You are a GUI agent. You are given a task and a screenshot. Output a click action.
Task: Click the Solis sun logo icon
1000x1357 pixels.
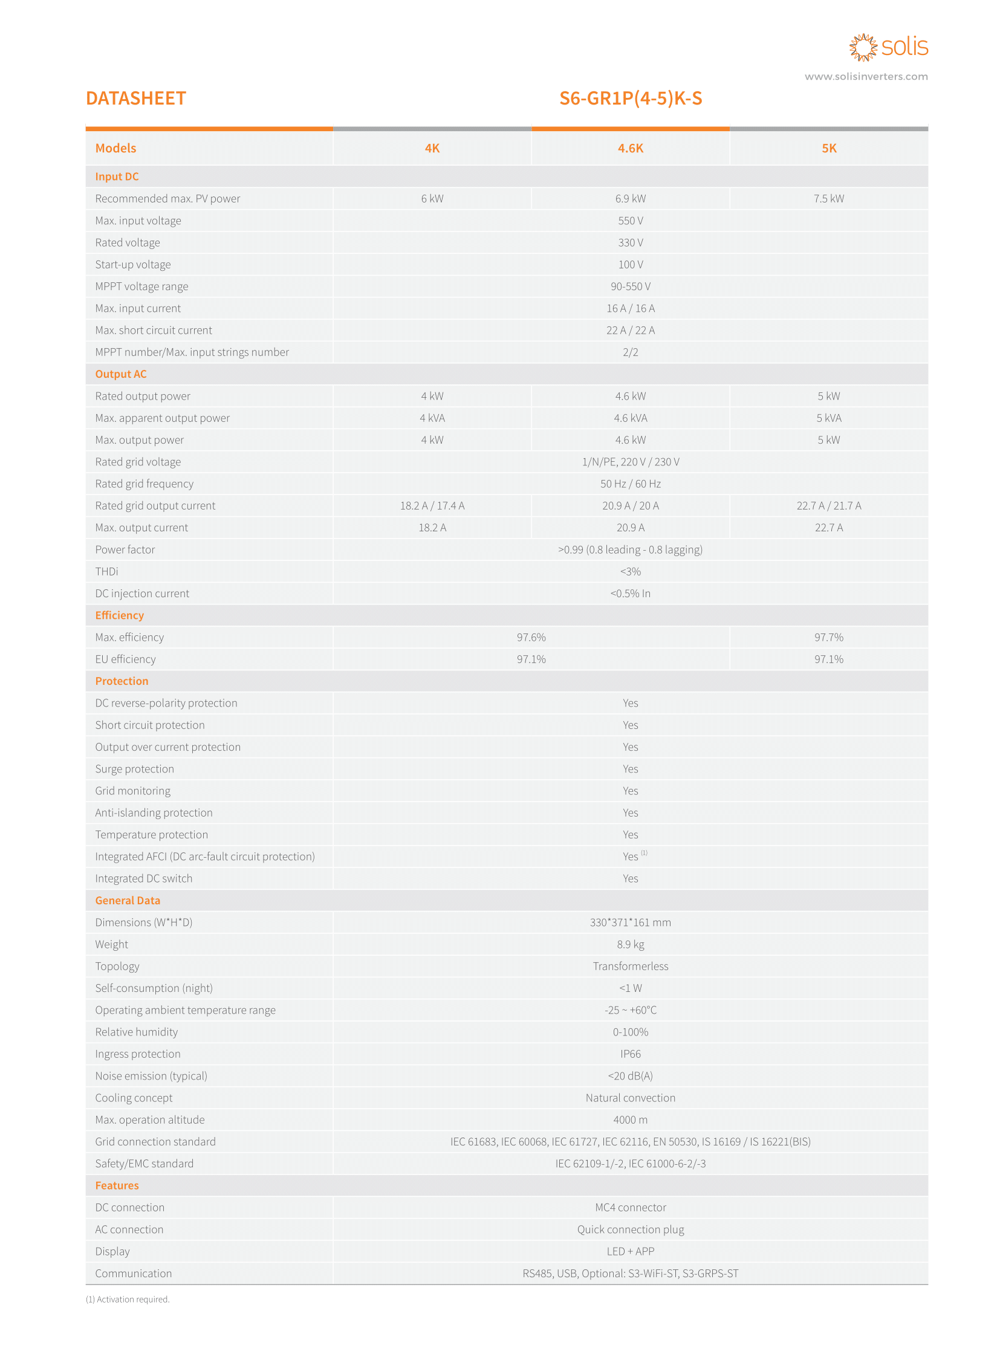[863, 47]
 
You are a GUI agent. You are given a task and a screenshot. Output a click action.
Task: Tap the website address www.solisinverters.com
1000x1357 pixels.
[866, 76]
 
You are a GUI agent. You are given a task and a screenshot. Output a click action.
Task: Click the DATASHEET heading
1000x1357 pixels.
[135, 98]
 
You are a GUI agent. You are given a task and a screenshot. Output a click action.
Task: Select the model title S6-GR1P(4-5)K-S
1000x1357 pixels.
[630, 98]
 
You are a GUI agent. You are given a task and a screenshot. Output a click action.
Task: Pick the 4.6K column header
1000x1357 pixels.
[630, 148]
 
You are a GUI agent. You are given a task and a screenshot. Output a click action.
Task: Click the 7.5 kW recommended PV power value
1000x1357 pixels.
[828, 198]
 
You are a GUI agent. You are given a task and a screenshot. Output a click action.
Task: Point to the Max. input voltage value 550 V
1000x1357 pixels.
[630, 221]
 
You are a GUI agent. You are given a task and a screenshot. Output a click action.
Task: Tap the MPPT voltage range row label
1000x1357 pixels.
[141, 287]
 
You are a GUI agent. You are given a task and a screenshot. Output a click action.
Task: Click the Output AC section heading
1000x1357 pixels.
[120, 374]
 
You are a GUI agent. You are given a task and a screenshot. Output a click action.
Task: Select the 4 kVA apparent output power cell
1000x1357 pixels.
[432, 418]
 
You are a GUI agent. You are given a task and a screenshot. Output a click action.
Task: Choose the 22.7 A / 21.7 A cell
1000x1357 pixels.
[828, 506]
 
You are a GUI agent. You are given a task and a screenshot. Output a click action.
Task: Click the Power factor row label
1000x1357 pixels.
[125, 549]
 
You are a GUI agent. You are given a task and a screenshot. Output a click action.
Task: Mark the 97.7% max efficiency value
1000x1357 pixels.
[828, 637]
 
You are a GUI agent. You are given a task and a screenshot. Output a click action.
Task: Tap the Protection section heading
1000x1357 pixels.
[122, 681]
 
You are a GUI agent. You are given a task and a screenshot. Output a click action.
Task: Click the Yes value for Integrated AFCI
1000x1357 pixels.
[630, 857]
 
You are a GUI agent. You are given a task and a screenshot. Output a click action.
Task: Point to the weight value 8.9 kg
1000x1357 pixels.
[630, 944]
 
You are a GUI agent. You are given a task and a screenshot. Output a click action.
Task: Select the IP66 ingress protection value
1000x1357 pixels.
[630, 1054]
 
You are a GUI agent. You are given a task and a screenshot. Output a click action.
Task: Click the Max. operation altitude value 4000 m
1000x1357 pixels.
[630, 1119]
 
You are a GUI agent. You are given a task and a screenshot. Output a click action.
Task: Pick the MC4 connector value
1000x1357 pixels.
[630, 1208]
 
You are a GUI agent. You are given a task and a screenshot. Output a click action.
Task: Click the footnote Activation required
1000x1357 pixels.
[128, 1300]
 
